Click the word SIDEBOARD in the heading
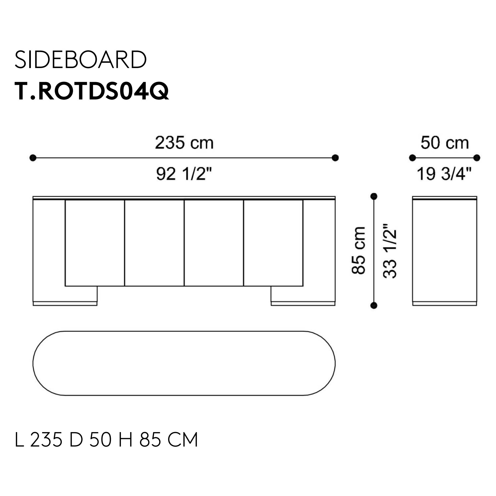[x=80, y=60]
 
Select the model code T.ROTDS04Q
[x=91, y=91]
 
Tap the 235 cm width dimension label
[x=184, y=143]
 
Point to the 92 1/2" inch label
[x=184, y=174]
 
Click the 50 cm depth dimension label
[x=444, y=143]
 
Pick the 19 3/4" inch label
[x=444, y=174]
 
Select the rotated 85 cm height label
[x=358, y=250]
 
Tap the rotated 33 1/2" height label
[x=390, y=250]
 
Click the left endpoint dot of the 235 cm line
[x=33, y=158]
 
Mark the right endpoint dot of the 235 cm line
[x=335, y=158]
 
